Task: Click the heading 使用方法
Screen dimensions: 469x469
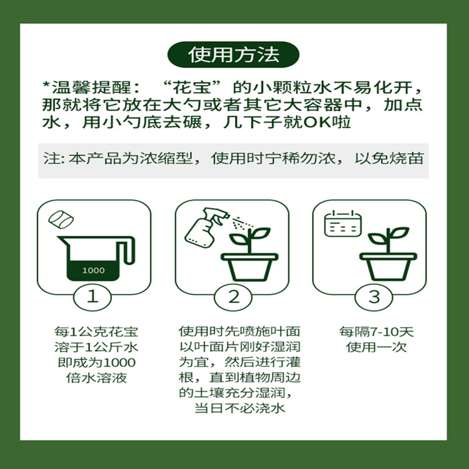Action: point(234,54)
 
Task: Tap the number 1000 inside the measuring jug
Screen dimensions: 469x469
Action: point(93,271)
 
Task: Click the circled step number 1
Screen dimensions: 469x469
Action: point(93,296)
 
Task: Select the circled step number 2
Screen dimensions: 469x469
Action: point(233,296)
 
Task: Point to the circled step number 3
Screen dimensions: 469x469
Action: point(373,296)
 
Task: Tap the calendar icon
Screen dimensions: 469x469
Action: point(343,223)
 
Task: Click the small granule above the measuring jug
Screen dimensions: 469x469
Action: point(62,219)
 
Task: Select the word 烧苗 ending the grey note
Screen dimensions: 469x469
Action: point(409,158)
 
